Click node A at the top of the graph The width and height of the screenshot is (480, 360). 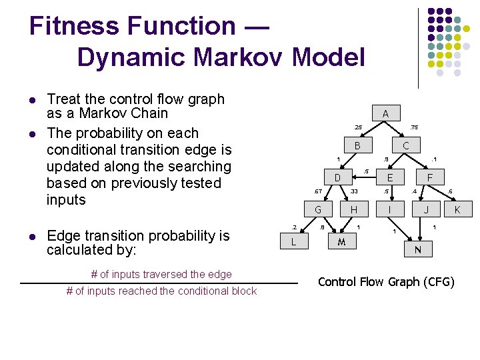click(x=385, y=114)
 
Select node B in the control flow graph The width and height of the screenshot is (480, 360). click(x=357, y=145)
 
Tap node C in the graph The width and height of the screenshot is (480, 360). click(x=405, y=145)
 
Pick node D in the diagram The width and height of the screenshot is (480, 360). click(x=337, y=178)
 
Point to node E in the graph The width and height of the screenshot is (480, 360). click(x=390, y=178)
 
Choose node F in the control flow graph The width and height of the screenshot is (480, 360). click(x=431, y=178)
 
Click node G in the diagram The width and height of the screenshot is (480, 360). click(x=319, y=210)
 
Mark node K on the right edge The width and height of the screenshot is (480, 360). click(x=457, y=210)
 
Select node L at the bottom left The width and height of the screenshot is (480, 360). click(x=293, y=241)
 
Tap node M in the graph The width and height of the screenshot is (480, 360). click(x=341, y=241)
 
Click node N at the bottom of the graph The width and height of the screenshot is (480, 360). click(x=417, y=249)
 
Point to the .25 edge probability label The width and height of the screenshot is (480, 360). click(x=358, y=127)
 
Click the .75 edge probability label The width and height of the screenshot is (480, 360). click(x=413, y=127)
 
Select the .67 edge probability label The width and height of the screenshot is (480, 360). click(x=318, y=192)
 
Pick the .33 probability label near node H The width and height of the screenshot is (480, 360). click(x=354, y=192)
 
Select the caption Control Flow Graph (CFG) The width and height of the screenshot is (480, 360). click(x=386, y=282)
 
